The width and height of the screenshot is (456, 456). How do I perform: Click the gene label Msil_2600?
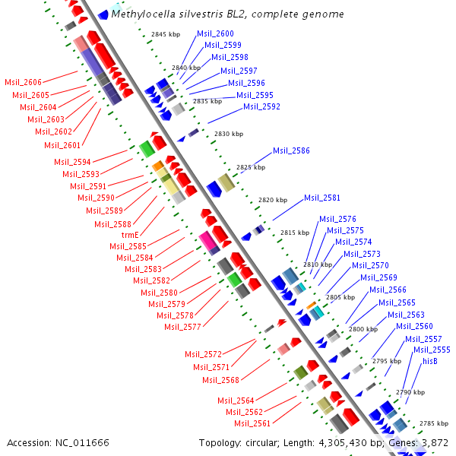click(215, 34)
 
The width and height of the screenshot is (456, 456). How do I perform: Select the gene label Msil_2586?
click(291, 151)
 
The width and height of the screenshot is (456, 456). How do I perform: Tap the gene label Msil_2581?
click(322, 198)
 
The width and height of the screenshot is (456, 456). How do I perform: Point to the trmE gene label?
click(134, 235)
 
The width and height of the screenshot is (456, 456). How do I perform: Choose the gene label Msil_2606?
click(23, 83)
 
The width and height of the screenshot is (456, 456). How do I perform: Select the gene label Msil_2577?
click(182, 327)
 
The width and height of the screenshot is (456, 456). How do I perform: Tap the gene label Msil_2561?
click(252, 423)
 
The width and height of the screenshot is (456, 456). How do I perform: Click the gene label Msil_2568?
click(220, 380)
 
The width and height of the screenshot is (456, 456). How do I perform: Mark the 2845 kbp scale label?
click(164, 35)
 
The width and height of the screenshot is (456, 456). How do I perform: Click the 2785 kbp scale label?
click(433, 423)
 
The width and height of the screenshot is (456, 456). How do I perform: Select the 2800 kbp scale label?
click(363, 330)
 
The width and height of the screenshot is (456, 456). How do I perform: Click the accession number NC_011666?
click(78, 442)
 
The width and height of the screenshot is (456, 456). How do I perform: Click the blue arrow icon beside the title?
click(103, 14)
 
